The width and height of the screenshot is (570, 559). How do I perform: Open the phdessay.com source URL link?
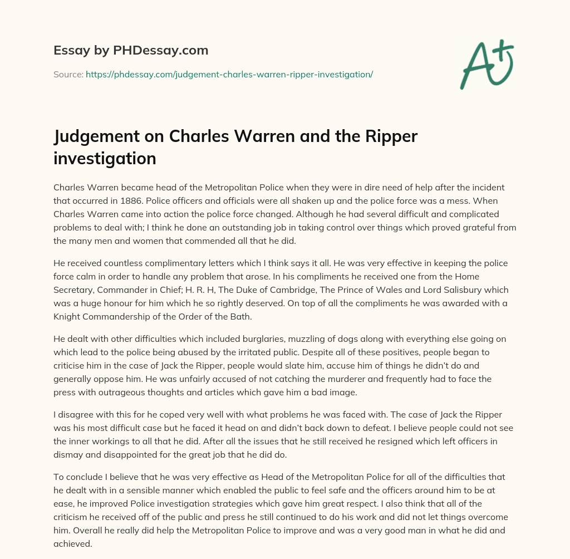pos(229,73)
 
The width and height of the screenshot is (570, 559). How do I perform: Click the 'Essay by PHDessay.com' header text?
pos(131,51)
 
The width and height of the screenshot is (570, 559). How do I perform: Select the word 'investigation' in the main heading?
pos(105,159)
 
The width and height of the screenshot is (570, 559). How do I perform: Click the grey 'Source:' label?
pos(68,73)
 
